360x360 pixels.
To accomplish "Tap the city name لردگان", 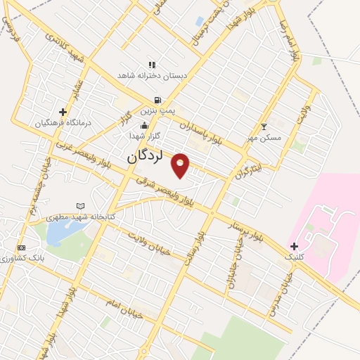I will tap(145, 157).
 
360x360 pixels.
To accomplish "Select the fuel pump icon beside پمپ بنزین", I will tap(156, 100).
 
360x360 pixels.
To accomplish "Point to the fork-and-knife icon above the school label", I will tap(151, 65).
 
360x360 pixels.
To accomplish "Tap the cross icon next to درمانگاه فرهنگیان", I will tap(63, 111).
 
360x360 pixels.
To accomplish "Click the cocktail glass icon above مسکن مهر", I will tap(264, 127).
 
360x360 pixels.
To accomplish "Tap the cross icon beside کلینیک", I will tap(294, 246).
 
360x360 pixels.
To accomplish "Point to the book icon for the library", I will tap(80, 206).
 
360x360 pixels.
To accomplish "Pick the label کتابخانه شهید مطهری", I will tap(80, 217).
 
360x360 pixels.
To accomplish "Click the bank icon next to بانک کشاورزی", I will tap(21, 247).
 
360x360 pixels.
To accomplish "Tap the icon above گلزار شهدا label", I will tap(145, 127).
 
